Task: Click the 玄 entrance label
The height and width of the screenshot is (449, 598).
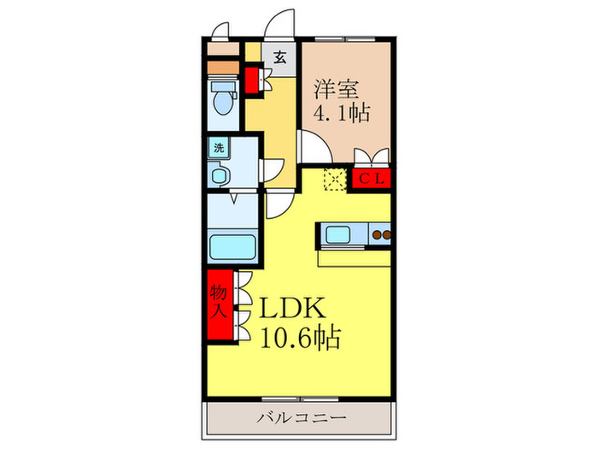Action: pos(280,58)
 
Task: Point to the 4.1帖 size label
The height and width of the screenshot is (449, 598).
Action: pos(343,112)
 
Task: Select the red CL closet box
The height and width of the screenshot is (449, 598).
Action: pos(370,180)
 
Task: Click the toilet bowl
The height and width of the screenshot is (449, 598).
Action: pos(224,101)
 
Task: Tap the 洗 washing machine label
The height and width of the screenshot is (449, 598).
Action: pos(219,147)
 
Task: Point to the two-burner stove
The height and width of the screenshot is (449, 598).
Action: pos(380,233)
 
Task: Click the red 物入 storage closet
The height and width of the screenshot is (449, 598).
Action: pos(218,304)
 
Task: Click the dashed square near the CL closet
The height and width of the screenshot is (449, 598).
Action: pos(335,180)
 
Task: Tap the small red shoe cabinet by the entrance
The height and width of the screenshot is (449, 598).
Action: pos(253,80)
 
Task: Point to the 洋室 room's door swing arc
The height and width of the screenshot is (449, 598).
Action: pos(309,145)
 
